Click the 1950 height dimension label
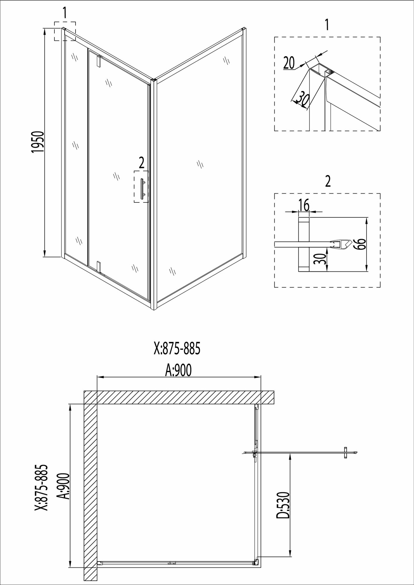click(38, 142)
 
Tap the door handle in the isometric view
click(143, 189)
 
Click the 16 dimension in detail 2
click(304, 206)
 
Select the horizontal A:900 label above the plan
click(178, 371)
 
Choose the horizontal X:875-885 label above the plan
click(177, 349)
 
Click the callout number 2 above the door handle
click(141, 163)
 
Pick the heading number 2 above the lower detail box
click(328, 182)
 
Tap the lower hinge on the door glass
click(99, 266)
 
